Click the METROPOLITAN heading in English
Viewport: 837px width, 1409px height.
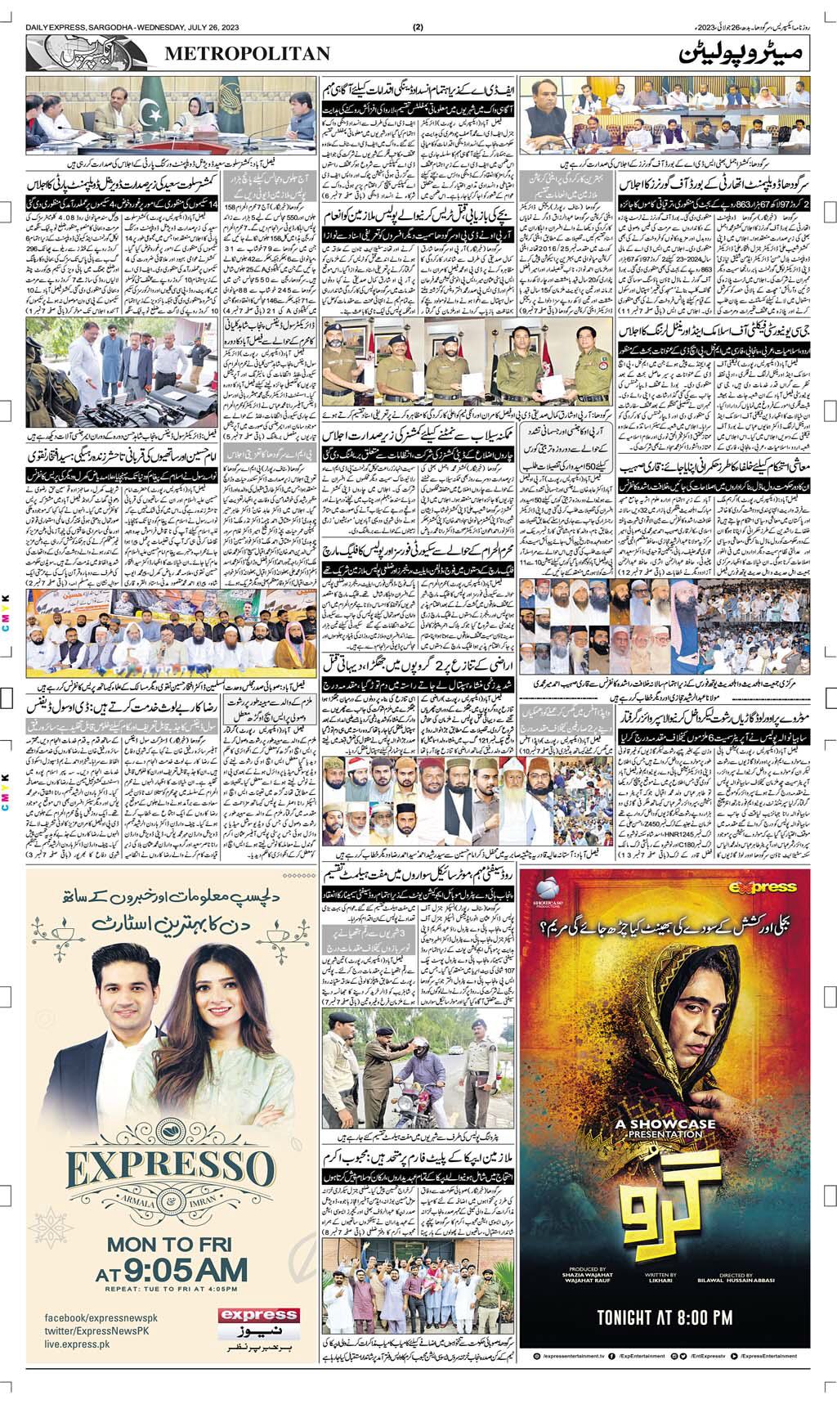(x=248, y=54)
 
